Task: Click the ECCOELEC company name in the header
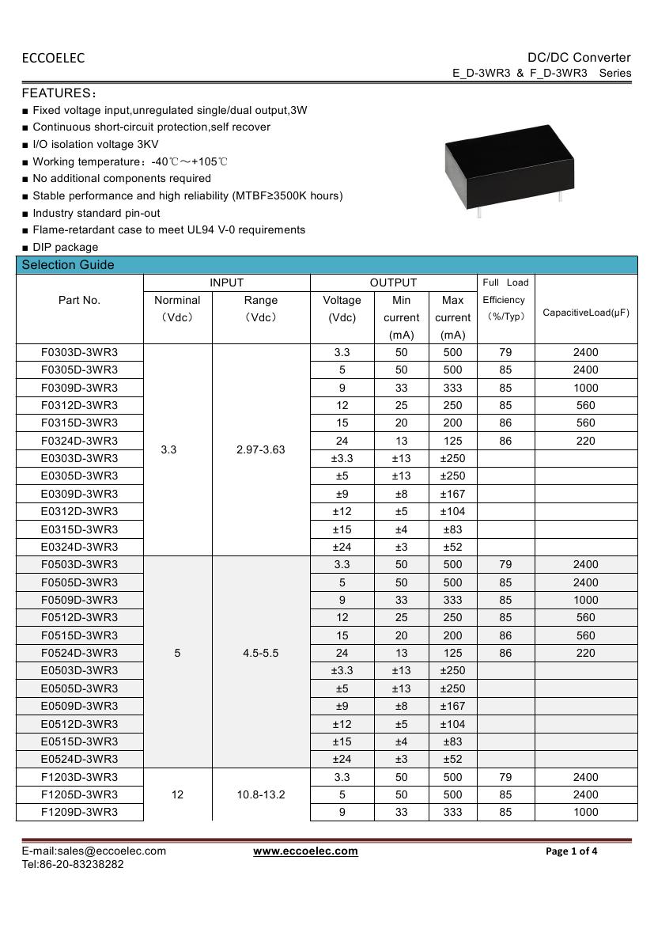tap(53, 58)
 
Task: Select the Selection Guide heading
tap(68, 265)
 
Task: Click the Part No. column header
tap(79, 300)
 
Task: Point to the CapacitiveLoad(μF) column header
tap(585, 313)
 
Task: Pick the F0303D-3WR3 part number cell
tap(79, 352)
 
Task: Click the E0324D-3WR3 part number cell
tap(79, 547)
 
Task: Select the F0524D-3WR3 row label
tap(79, 653)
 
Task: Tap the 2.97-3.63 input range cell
tap(261, 449)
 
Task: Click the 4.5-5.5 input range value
tap(261, 653)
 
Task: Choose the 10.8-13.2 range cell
tap(261, 794)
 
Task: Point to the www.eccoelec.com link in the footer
tap(305, 851)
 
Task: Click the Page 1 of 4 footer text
tap(572, 851)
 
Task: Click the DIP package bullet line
tap(65, 247)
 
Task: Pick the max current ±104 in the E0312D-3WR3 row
tap(452, 511)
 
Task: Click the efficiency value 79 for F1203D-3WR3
tap(505, 777)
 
